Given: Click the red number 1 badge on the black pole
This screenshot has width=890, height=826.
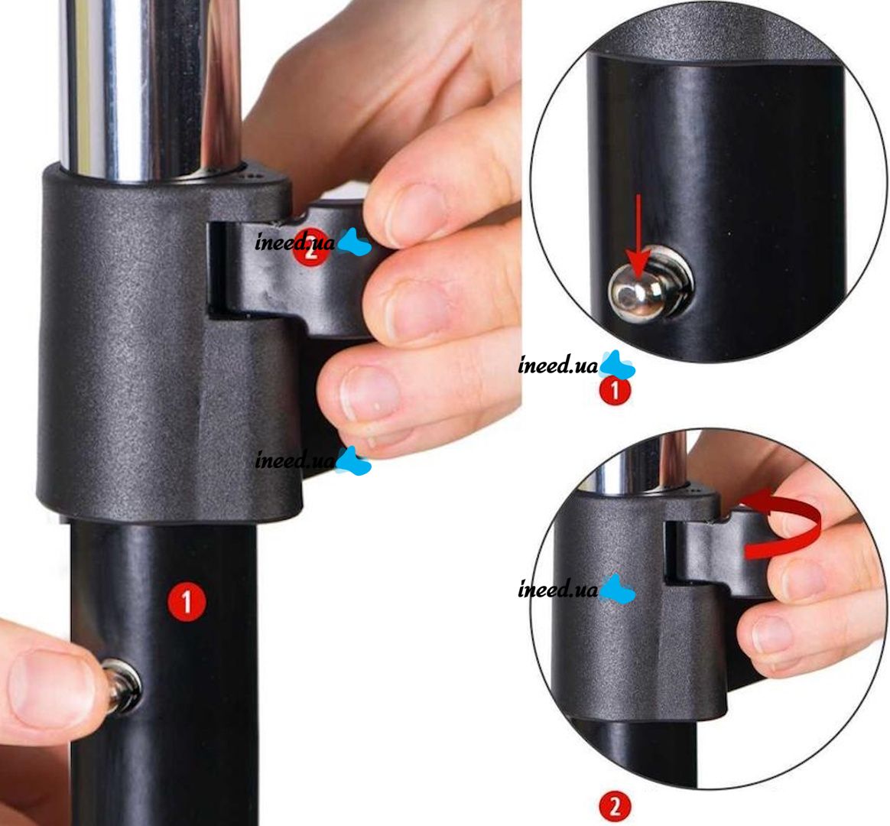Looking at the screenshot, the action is tap(187, 602).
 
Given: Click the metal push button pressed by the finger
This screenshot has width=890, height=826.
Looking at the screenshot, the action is tap(124, 687).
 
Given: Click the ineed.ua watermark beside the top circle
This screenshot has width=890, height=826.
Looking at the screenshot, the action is tap(576, 365).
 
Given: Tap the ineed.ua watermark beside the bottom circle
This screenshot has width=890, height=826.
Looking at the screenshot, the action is tap(576, 589).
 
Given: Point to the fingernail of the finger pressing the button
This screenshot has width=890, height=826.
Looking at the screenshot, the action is tap(52, 684).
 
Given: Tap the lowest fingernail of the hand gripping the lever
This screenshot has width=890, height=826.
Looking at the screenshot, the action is tap(372, 392).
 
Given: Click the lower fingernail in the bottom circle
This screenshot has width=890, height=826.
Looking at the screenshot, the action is tap(773, 635).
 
